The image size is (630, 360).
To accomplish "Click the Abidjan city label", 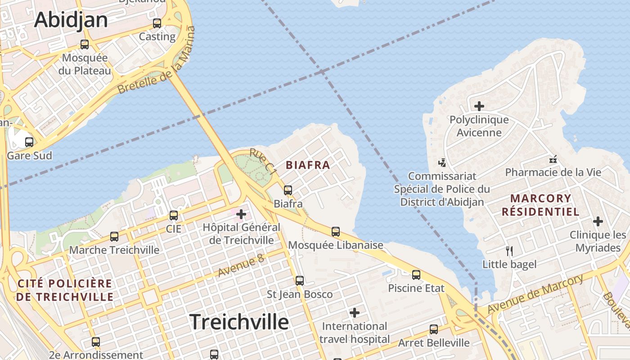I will [71, 20].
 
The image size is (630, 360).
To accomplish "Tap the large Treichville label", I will [239, 322].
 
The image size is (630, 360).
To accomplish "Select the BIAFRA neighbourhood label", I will [308, 165].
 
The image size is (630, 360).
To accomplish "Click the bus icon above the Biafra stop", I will [288, 190].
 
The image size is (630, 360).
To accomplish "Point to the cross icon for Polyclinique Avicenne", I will [479, 106].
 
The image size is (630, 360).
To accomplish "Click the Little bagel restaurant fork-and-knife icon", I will [509, 251].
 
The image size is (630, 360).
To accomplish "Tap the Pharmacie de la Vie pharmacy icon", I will [553, 159].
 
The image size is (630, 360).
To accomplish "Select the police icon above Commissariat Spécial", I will [442, 162].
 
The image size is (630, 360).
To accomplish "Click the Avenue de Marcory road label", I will [535, 294].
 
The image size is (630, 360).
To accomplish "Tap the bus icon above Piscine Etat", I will [416, 274].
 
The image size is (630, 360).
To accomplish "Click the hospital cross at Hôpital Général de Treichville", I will [241, 214].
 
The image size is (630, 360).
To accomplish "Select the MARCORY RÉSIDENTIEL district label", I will [540, 205].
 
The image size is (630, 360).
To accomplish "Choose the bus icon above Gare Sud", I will [29, 142].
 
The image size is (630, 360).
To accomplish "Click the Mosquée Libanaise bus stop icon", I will [336, 232].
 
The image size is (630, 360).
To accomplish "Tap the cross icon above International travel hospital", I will [355, 312].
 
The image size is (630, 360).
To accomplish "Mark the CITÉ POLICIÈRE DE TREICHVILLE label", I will [65, 290].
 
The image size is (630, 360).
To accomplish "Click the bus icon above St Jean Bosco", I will [300, 281].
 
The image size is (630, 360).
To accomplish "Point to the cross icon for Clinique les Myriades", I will [598, 221].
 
